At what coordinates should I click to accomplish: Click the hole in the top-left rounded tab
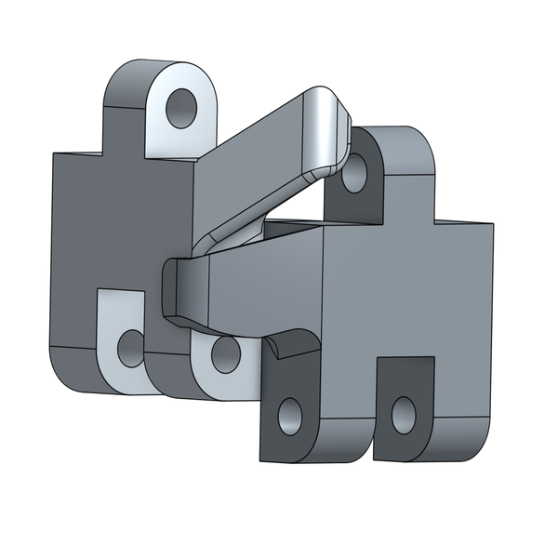point(182,108)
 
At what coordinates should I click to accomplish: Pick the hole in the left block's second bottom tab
point(224,353)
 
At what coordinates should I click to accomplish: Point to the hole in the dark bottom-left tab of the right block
point(291,415)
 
